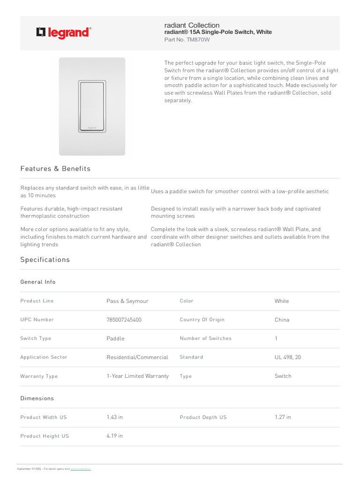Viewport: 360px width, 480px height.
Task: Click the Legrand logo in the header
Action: (x=64, y=33)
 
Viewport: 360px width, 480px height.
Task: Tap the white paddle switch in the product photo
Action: (x=92, y=105)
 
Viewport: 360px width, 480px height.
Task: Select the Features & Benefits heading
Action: (x=55, y=169)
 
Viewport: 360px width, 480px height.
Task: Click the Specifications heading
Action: (x=45, y=260)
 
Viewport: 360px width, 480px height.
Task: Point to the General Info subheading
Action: (x=38, y=282)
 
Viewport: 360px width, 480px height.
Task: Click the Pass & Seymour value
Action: (x=127, y=301)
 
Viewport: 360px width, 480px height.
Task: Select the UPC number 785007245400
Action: (x=124, y=320)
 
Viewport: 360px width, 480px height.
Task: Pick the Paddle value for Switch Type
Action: (x=115, y=338)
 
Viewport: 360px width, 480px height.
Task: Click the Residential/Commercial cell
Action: (x=137, y=357)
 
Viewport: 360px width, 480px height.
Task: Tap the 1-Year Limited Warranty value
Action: (x=137, y=376)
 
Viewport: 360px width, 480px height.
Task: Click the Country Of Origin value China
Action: (x=282, y=320)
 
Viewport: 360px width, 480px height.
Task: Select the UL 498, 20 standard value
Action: (x=288, y=357)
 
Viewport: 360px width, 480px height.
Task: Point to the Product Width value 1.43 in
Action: (x=114, y=417)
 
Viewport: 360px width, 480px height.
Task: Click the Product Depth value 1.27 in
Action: (x=283, y=417)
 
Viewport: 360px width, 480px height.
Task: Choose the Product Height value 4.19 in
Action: (x=114, y=436)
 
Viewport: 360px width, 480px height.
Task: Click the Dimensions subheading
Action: (x=37, y=398)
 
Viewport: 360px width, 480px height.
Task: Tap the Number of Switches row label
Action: (x=205, y=338)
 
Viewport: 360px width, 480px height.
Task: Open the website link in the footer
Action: (x=81, y=469)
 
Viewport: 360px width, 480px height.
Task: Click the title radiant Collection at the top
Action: (x=192, y=25)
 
